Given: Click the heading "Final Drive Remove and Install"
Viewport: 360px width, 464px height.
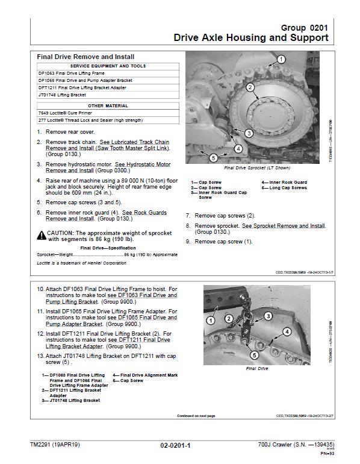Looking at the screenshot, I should (85, 57).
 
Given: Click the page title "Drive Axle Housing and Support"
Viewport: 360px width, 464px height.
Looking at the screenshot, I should (251, 38).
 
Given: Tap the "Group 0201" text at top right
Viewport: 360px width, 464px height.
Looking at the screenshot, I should (305, 28).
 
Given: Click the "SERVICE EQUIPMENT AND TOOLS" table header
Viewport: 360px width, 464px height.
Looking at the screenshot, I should (108, 66).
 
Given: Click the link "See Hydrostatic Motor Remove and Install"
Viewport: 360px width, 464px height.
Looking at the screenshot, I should (108, 167).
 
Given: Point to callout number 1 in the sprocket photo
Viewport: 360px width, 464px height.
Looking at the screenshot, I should (280, 58).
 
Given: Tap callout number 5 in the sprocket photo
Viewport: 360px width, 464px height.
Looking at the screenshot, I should (214, 158).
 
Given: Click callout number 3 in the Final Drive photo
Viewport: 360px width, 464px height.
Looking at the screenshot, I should (268, 315).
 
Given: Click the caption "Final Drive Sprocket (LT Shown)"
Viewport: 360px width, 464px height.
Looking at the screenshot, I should (256, 168).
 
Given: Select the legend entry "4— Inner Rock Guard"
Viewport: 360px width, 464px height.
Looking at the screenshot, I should (284, 182).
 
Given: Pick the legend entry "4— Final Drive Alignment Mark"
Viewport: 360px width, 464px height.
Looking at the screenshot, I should (145, 375).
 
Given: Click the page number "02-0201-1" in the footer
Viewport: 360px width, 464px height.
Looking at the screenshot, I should (175, 445).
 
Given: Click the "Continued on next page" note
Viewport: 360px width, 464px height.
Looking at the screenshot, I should (196, 416).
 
